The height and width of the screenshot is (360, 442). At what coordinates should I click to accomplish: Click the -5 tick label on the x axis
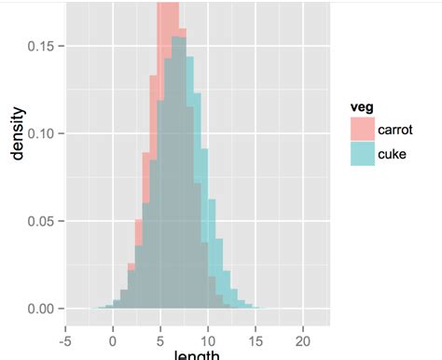[64, 328]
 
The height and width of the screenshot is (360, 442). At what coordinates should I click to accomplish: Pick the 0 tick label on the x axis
[113, 328]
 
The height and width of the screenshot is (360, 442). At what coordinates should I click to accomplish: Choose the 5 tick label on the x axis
[160, 328]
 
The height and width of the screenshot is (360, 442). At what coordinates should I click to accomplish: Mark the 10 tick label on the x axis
[208, 328]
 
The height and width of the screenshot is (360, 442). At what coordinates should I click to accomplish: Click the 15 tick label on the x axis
[256, 328]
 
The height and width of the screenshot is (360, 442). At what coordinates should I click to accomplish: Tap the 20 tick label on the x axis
[303, 328]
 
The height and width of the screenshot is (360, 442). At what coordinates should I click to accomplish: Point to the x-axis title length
[195, 353]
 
